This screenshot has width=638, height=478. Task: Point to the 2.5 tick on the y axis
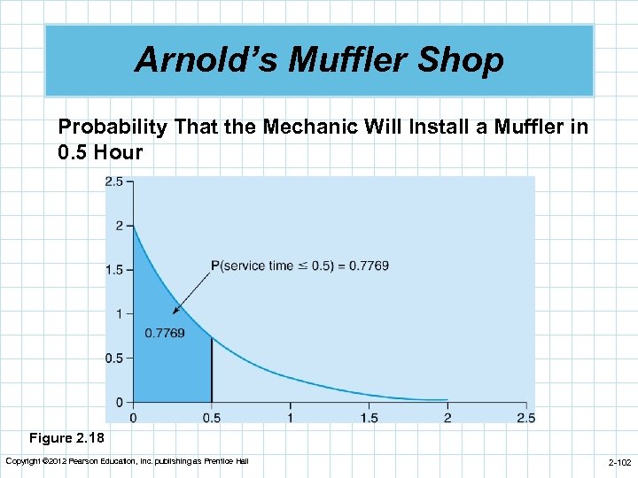(x=114, y=181)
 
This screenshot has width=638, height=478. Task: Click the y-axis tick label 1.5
(x=114, y=269)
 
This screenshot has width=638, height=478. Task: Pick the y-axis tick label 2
(x=120, y=226)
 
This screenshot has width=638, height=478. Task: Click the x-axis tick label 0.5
(x=211, y=417)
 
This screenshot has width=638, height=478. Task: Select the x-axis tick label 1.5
(x=368, y=417)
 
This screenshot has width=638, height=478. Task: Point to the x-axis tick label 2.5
(x=525, y=417)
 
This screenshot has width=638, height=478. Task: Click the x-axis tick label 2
(x=447, y=417)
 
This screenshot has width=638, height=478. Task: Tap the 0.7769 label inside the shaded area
(x=164, y=333)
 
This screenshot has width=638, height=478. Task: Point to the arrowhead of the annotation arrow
(x=175, y=311)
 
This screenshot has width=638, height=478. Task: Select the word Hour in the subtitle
(x=120, y=151)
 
